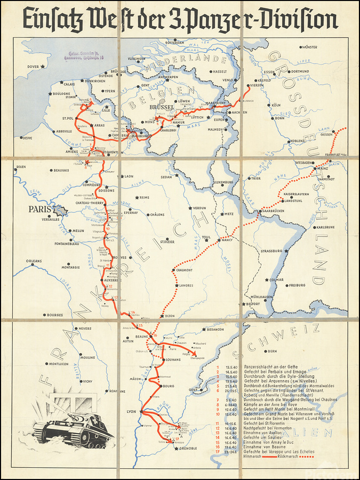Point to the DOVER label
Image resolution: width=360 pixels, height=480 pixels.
34,67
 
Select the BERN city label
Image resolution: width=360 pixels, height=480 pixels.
273,351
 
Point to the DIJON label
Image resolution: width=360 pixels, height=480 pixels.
170,316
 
